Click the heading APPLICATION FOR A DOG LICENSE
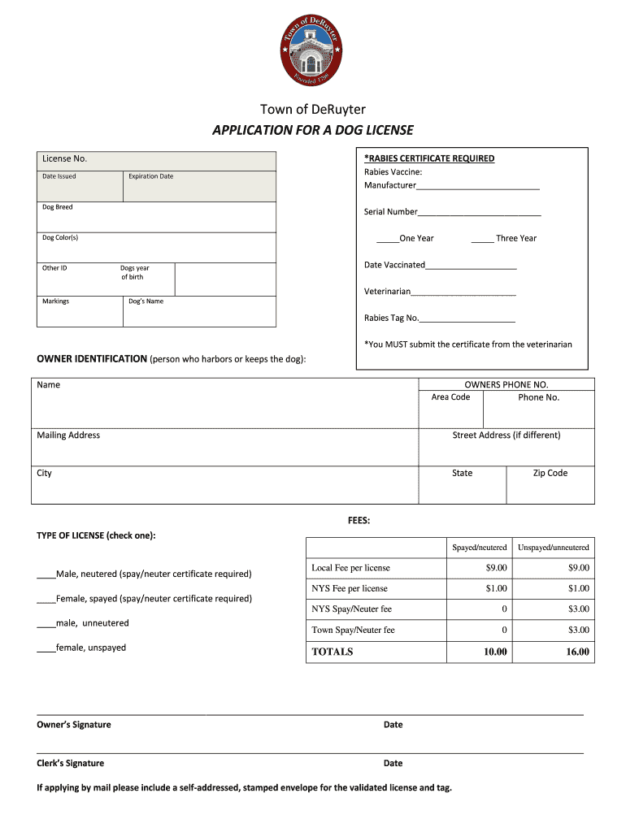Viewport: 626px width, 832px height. pyautogui.click(x=312, y=130)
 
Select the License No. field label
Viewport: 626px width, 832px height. pyautogui.click(x=64, y=158)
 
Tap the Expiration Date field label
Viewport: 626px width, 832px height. pyautogui.click(x=150, y=176)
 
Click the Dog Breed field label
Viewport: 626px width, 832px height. pyautogui.click(x=58, y=207)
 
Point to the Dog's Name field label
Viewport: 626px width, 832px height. pyautogui.click(x=146, y=301)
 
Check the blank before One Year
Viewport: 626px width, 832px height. pyautogui.click(x=388, y=239)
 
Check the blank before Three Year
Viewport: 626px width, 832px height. pyautogui.click(x=482, y=239)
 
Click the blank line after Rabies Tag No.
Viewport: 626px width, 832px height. pyautogui.click(x=467, y=319)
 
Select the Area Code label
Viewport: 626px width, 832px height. pyautogui.click(x=450, y=397)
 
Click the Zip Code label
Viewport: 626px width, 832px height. pyautogui.click(x=550, y=473)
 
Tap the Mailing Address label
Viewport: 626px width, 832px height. pyautogui.click(x=68, y=435)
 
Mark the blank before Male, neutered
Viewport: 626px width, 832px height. pyautogui.click(x=46, y=575)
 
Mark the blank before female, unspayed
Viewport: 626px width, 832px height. pyautogui.click(x=46, y=648)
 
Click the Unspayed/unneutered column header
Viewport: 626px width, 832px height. pyautogui.click(x=553, y=548)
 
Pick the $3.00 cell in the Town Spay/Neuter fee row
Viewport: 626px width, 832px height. pyautogui.click(x=578, y=630)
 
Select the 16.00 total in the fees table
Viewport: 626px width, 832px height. pyautogui.click(x=577, y=652)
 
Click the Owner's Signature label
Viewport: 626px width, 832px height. pyautogui.click(x=74, y=725)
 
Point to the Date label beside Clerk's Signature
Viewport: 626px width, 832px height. pyautogui.click(x=393, y=764)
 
